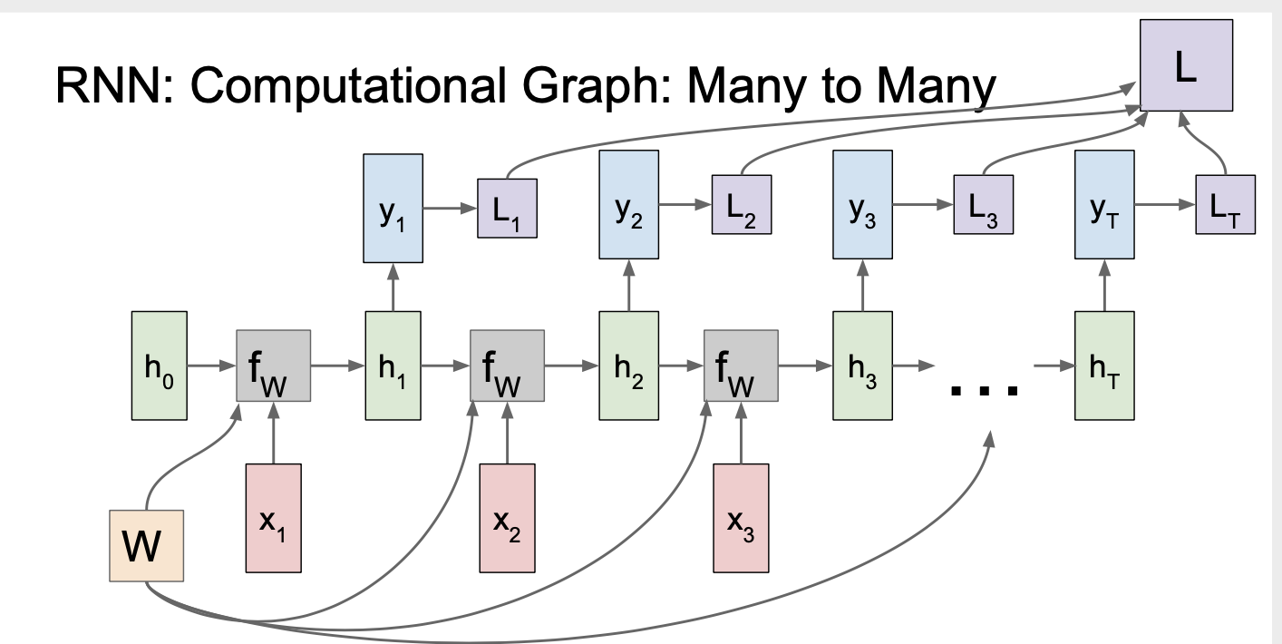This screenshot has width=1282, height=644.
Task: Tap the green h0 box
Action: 159,366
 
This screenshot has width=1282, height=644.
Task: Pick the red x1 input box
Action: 273,518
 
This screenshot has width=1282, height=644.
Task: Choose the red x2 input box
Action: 507,518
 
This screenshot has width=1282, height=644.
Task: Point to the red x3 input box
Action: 741,518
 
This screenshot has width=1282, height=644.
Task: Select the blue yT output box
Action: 1103,206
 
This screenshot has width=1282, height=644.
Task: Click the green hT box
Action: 1103,366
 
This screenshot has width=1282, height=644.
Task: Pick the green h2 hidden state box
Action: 626,366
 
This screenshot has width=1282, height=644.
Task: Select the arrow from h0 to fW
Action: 211,366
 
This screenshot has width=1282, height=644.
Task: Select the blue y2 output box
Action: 628,206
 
